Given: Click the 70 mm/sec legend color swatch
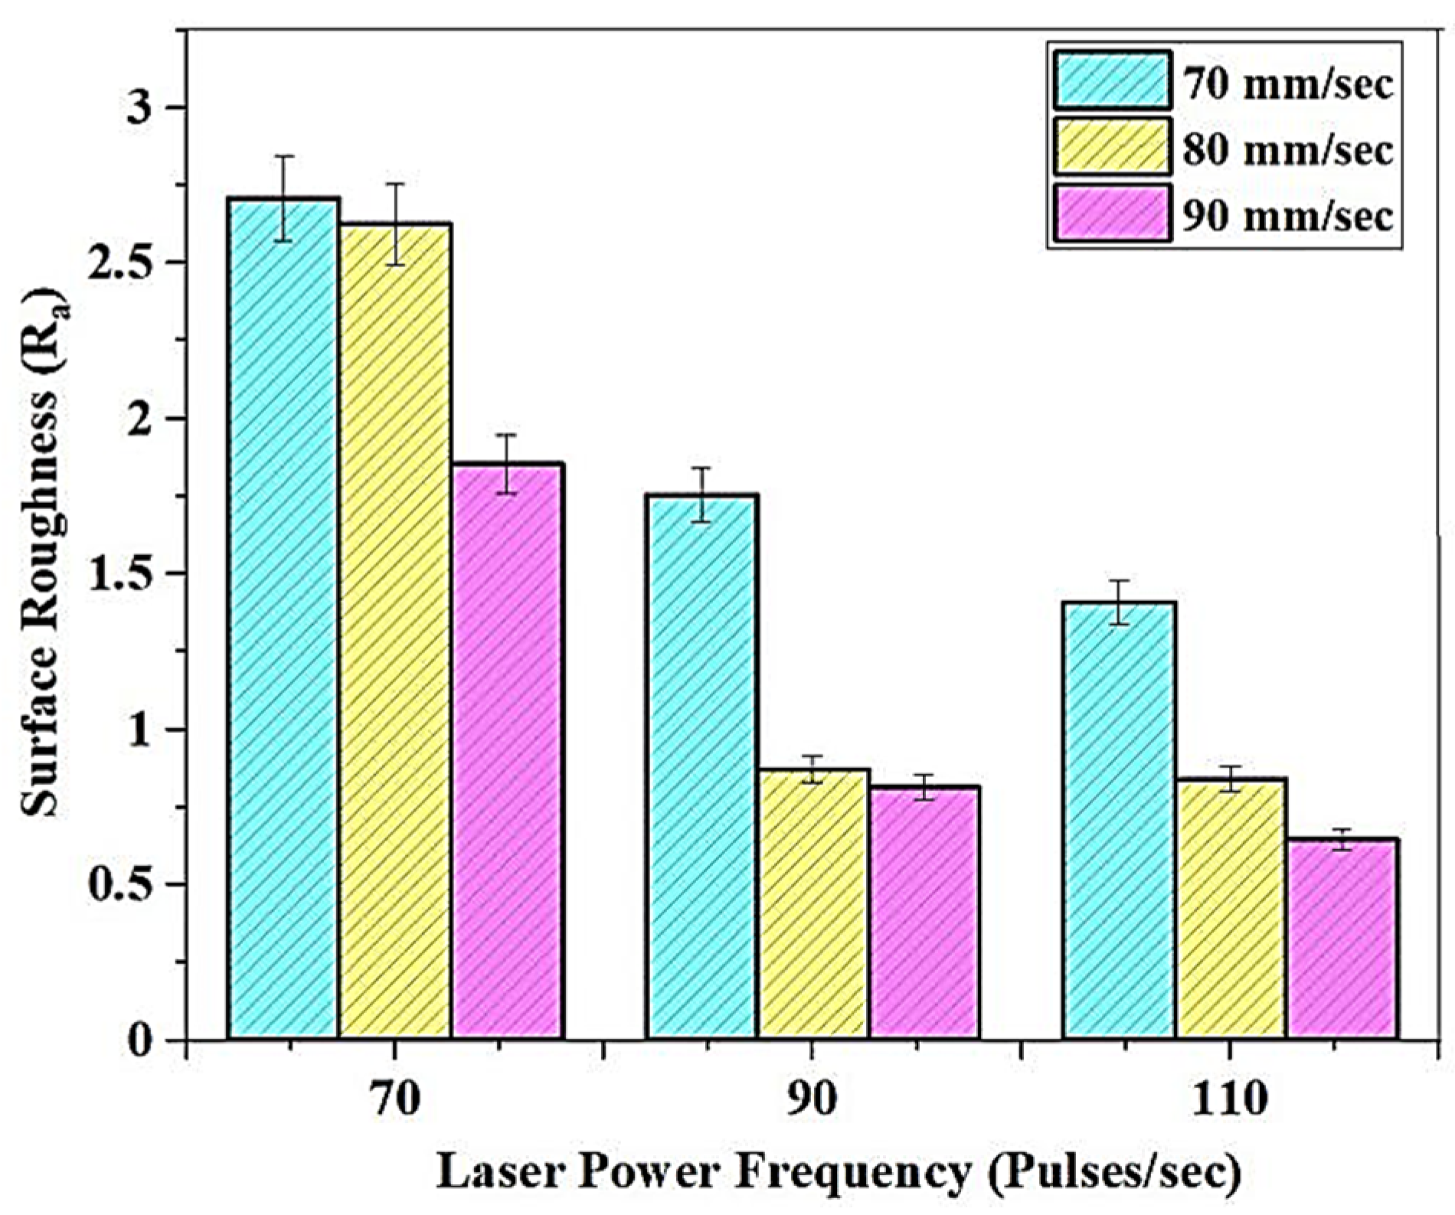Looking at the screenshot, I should coord(1112,80).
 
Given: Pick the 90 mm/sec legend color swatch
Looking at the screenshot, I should coord(1112,213).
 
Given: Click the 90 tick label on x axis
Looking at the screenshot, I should coord(812,1101).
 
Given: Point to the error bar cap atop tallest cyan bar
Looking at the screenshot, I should coord(284,156).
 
